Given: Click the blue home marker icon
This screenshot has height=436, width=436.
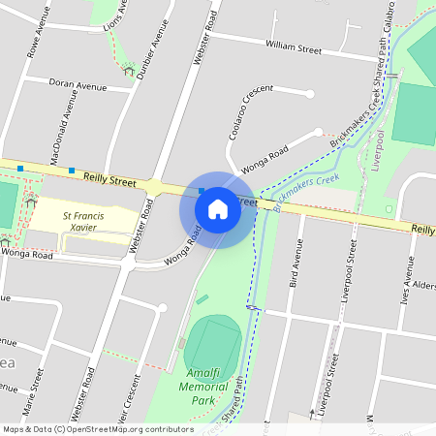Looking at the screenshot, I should (x=218, y=208).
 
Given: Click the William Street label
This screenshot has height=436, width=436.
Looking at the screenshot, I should (x=294, y=47).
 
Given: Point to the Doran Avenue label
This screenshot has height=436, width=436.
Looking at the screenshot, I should (x=78, y=86).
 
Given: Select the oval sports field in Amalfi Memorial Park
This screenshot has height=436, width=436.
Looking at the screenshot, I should (x=212, y=344).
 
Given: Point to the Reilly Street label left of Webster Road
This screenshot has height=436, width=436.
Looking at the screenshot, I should (x=109, y=178).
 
